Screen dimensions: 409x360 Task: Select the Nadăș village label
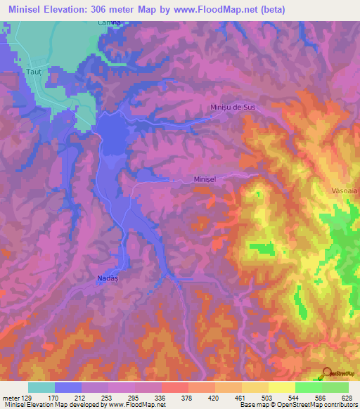105,279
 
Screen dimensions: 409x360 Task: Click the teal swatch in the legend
41,387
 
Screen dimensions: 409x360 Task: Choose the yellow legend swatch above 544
281,387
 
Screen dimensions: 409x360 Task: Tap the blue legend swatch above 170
67,387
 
